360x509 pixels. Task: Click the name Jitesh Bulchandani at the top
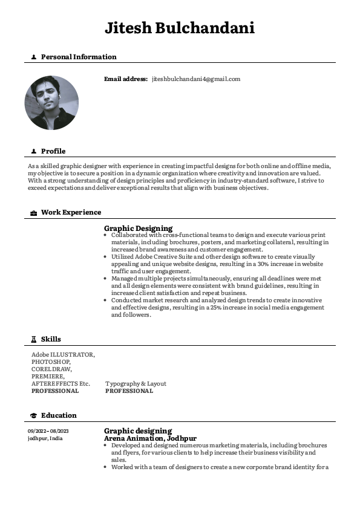coord(180,28)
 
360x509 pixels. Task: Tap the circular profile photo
coord(51,103)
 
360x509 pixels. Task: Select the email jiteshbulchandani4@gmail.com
coord(196,79)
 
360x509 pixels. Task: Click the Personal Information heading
coord(79,57)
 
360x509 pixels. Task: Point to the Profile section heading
coord(53,151)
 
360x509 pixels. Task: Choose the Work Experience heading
coord(71,213)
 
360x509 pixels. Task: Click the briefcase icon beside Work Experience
coord(33,213)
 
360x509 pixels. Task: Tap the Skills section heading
coord(51,339)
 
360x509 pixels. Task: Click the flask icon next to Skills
coord(33,339)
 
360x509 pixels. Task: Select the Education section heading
coord(59,415)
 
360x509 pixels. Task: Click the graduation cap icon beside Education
coord(33,415)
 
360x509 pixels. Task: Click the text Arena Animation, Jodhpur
coord(150,438)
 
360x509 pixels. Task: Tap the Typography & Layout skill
coord(136,384)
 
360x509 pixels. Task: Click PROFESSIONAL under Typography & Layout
coord(129,391)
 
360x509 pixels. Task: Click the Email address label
coord(126,79)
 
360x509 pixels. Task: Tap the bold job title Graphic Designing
coord(138,229)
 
